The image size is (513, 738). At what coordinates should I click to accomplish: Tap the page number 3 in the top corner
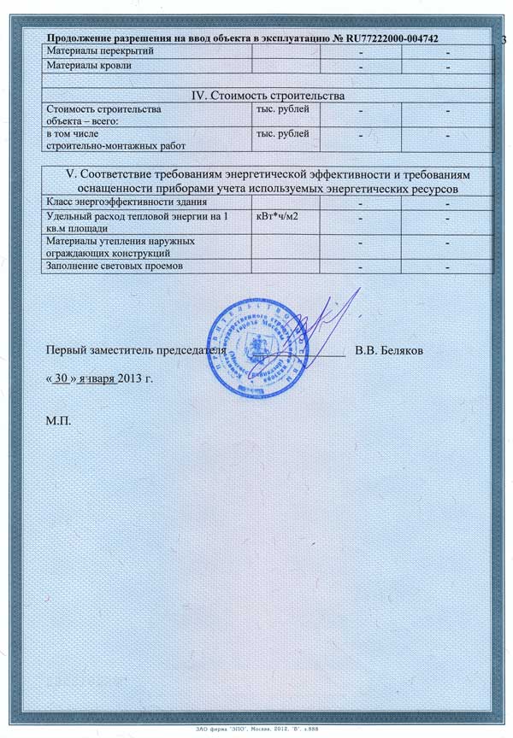504,39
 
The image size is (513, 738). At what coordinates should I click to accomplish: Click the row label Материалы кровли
88,67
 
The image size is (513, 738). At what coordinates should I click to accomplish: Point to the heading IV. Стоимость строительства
268,94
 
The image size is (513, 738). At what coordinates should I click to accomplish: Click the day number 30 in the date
59,377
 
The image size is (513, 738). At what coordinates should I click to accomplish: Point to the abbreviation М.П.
59,421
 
